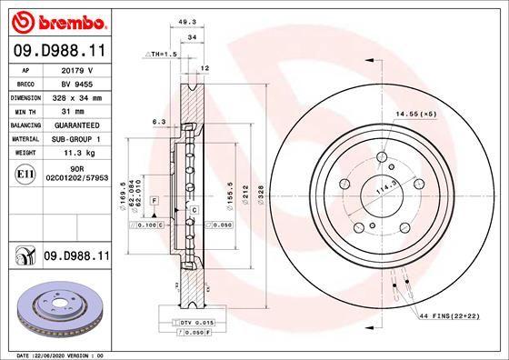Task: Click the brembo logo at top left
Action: [56, 20]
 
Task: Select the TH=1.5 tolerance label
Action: [164, 55]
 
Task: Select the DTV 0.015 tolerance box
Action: [184, 323]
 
